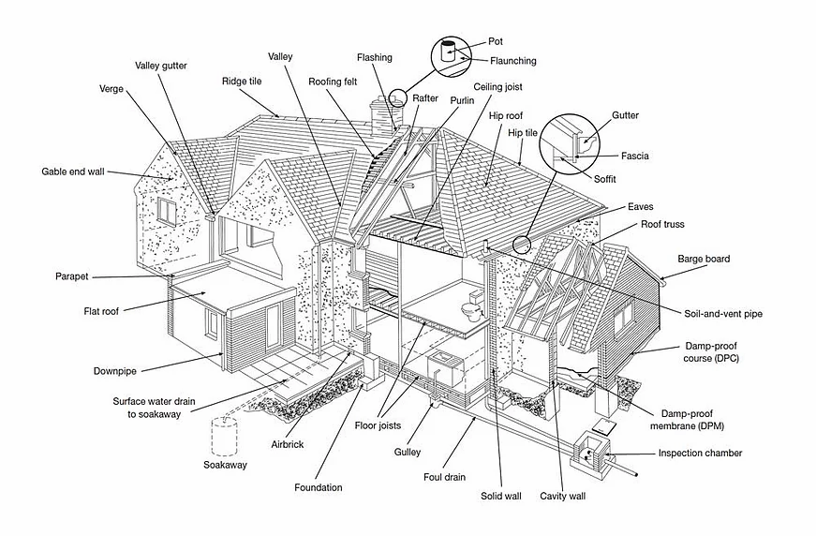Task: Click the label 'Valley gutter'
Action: (161, 66)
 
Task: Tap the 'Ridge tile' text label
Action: (243, 81)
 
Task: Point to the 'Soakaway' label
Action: (225, 465)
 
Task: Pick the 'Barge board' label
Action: (704, 259)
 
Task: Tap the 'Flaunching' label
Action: (512, 61)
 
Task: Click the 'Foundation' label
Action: (318, 487)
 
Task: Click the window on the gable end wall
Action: (166, 210)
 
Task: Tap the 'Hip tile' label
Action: (523, 133)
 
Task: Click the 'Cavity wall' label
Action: (562, 496)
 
